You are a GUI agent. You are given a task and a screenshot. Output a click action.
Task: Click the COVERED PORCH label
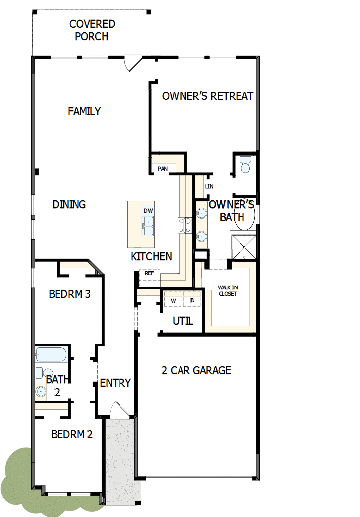[x=92, y=30]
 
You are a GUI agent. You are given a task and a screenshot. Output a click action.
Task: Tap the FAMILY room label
[x=84, y=111]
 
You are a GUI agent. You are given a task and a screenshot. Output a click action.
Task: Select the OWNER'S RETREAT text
[x=207, y=96]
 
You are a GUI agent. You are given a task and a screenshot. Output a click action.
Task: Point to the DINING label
[x=69, y=204]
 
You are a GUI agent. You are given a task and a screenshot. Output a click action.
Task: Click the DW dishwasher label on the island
[x=148, y=211]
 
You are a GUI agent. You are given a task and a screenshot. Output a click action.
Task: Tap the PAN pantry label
[x=163, y=169]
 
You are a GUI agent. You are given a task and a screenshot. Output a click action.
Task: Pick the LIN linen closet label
[x=209, y=187]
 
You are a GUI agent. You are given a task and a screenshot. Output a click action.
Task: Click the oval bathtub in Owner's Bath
[x=244, y=214]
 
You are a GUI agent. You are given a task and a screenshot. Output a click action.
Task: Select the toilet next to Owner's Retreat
[x=245, y=165]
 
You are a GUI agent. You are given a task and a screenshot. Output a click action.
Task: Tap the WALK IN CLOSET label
[x=228, y=290]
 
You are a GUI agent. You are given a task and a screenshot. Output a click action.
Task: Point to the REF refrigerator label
[x=149, y=273]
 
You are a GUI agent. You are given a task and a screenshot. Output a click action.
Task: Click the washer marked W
[x=173, y=300]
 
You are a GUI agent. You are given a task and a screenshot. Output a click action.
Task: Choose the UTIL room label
[x=183, y=321]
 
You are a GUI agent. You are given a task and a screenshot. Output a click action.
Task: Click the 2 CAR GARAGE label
[x=196, y=370]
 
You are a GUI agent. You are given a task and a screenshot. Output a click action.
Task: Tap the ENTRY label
[x=115, y=383]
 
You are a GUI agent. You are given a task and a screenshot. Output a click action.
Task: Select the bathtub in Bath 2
[x=51, y=355]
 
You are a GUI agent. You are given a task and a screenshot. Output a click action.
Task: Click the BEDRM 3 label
[x=69, y=294]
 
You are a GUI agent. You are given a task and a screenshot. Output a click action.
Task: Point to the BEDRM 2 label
[x=72, y=434]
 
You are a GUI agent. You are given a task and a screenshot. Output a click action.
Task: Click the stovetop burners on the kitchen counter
[x=185, y=226]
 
